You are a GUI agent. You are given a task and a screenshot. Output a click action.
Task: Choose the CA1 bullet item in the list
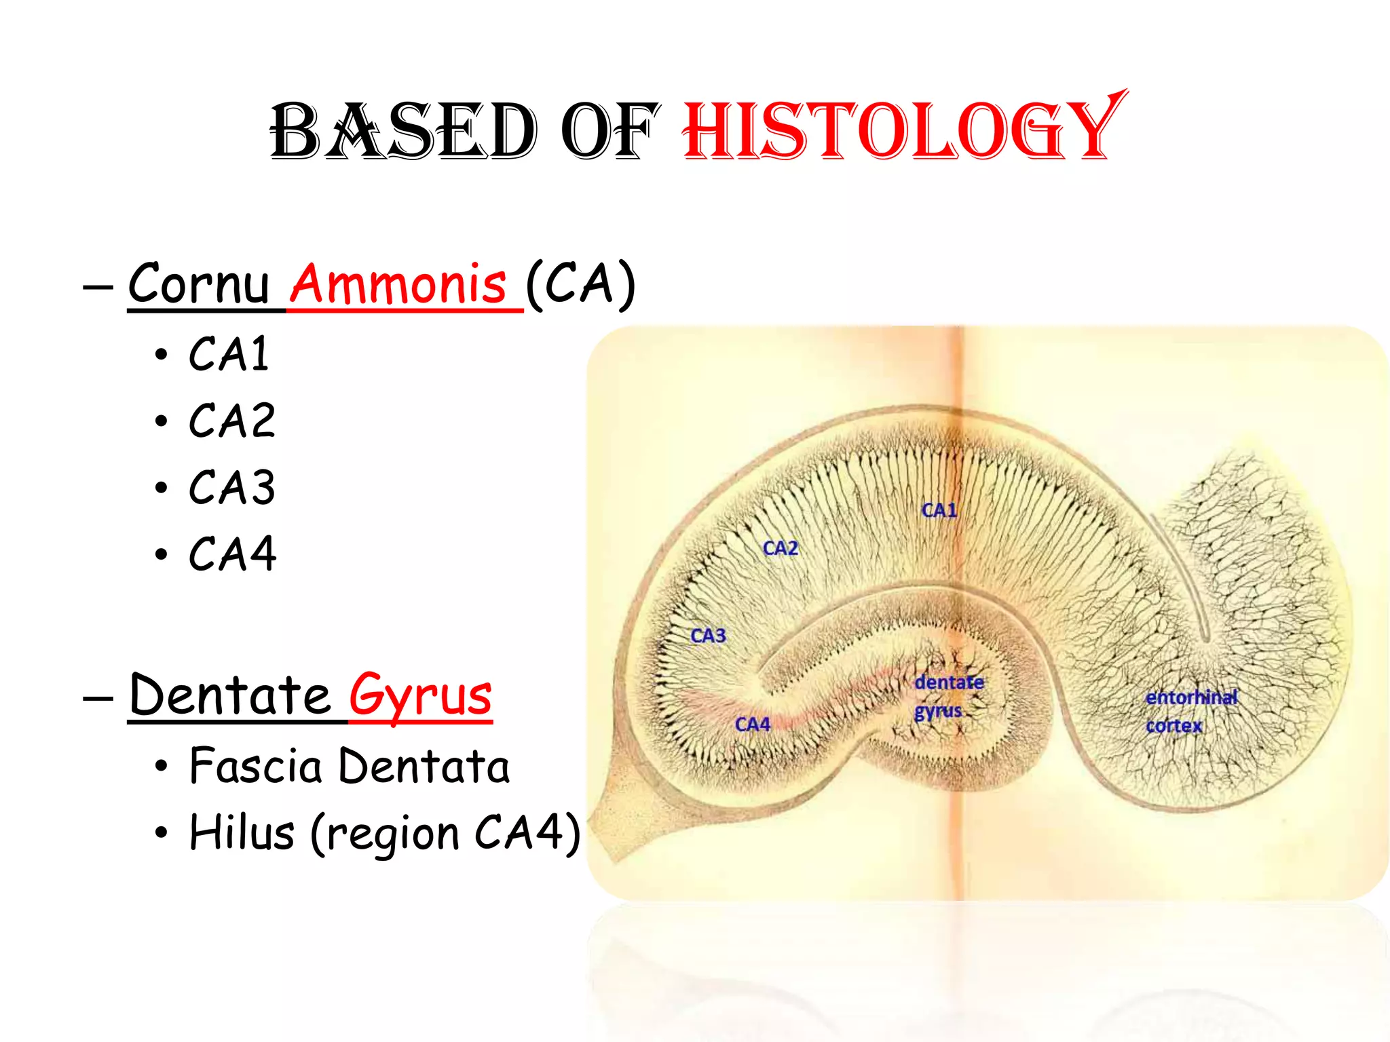click(x=229, y=354)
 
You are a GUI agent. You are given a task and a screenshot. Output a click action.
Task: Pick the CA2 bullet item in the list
click(x=232, y=421)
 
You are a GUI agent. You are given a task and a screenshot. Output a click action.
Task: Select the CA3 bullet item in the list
click(x=232, y=487)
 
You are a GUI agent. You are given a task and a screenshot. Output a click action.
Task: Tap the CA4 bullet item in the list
click(x=232, y=554)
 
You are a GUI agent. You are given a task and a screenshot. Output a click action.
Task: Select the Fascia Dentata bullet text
click(x=349, y=766)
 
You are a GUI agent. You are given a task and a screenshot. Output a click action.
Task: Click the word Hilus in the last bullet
click(x=242, y=832)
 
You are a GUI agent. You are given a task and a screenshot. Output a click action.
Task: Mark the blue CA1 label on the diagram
click(x=939, y=510)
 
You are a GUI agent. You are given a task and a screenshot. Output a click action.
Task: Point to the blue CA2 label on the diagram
click(x=781, y=548)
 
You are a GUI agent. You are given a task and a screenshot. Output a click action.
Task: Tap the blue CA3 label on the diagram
click(x=708, y=636)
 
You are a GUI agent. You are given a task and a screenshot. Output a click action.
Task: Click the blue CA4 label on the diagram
click(x=753, y=725)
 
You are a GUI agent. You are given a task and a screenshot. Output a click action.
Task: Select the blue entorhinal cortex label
click(x=1190, y=711)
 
